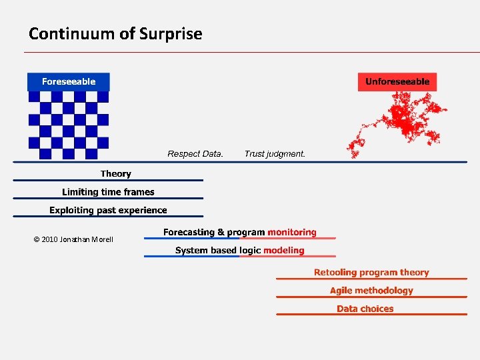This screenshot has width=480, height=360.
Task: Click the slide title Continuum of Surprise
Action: tap(115, 33)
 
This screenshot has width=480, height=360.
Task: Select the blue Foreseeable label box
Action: tap(68, 81)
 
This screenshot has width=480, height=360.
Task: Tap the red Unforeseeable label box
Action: tap(397, 82)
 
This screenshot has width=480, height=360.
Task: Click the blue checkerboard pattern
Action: tap(67, 125)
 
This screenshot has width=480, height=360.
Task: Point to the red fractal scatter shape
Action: tap(403, 120)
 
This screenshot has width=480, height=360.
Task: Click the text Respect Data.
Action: tap(195, 154)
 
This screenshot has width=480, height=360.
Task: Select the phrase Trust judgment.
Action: tap(275, 154)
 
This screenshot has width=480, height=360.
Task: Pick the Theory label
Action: tap(116, 174)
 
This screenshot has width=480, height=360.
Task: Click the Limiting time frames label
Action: tap(108, 192)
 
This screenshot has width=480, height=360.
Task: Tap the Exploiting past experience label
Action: tap(108, 210)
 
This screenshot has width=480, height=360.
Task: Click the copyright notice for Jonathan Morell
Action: tap(73, 239)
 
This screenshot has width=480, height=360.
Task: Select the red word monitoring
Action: tap(291, 233)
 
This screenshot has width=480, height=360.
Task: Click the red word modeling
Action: tap(283, 251)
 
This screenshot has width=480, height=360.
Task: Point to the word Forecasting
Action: tap(189, 233)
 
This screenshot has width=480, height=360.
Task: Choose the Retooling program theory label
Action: tap(371, 273)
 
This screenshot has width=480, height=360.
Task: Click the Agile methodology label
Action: tap(371, 291)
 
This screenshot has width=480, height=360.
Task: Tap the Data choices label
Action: tap(365, 309)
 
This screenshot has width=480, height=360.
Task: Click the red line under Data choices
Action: tap(371, 315)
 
